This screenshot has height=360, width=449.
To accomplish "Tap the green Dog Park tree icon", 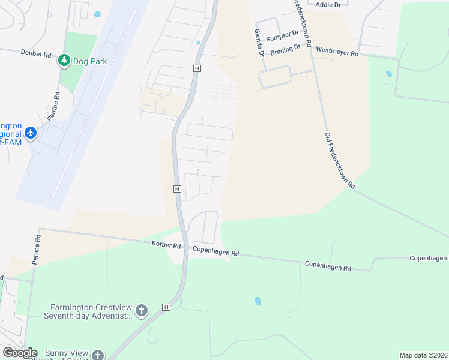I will [64, 60].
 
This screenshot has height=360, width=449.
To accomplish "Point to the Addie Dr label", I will [328, 5].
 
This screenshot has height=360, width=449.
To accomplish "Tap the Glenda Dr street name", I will [259, 44].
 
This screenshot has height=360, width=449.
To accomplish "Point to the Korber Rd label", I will [166, 245].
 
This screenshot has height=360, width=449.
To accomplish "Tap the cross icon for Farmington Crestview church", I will [141, 310].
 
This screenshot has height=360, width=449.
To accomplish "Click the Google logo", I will [19, 353].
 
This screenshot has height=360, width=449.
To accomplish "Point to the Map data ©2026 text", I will [423, 355].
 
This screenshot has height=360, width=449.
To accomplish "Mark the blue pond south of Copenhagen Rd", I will [258, 301].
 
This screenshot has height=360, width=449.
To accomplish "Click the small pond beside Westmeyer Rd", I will [389, 74].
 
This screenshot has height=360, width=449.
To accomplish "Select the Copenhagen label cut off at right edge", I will [428, 258].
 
